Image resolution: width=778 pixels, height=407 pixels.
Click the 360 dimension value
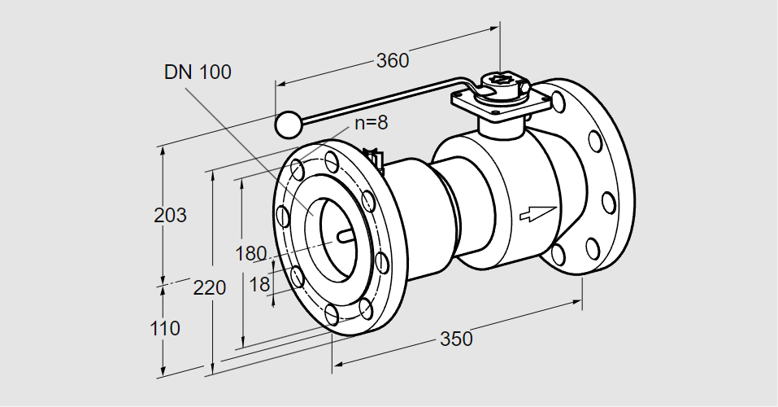[x=392, y=60]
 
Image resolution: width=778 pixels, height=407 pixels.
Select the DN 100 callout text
[x=198, y=72]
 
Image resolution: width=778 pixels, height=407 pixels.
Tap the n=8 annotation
[x=371, y=123]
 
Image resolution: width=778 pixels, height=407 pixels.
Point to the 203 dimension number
[x=171, y=216]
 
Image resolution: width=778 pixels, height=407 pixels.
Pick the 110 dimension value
[x=166, y=329]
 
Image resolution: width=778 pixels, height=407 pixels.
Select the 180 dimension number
[x=250, y=253]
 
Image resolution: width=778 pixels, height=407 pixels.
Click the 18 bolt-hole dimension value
[x=259, y=284]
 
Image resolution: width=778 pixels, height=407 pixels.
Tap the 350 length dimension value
[x=455, y=339]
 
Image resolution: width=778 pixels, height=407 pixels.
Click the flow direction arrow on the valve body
[x=537, y=212]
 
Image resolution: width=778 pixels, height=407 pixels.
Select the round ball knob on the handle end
[x=288, y=124]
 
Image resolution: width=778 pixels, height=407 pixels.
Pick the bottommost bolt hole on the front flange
[x=332, y=313]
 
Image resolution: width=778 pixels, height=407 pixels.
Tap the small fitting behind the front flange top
[x=375, y=160]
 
